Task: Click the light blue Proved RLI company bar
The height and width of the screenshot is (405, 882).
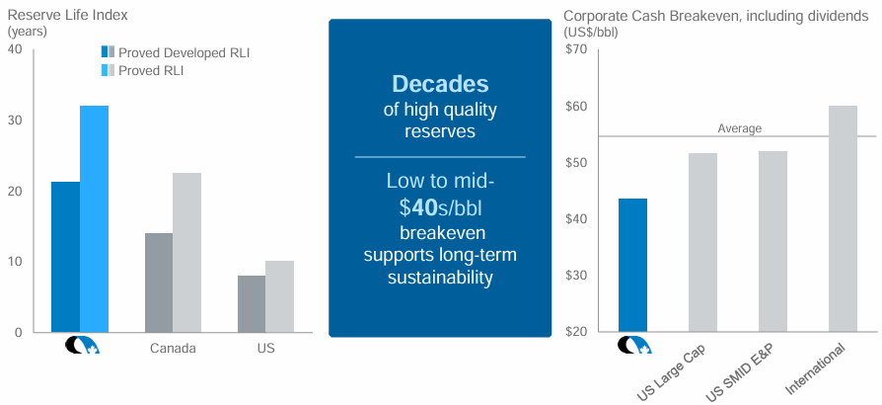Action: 94,218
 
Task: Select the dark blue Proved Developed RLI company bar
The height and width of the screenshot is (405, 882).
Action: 65,257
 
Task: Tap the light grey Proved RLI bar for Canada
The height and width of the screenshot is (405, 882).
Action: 186,252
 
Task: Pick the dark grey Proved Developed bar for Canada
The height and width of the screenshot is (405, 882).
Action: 158,283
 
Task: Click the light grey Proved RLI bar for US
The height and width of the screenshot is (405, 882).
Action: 279,296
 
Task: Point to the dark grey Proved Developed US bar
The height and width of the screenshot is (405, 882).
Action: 251,303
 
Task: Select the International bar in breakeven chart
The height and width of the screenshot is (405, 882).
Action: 843,218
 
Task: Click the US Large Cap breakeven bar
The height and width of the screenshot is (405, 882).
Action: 702,242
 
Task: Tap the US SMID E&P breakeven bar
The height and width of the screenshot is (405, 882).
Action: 772,241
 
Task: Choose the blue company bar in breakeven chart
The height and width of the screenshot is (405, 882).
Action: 632,265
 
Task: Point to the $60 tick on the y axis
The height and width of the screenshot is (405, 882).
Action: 575,107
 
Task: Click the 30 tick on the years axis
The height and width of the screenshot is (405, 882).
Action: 15,121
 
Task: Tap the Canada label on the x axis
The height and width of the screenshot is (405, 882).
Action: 173,349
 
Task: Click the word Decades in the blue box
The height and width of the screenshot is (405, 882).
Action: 439,84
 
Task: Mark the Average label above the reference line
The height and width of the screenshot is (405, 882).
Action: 739,128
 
